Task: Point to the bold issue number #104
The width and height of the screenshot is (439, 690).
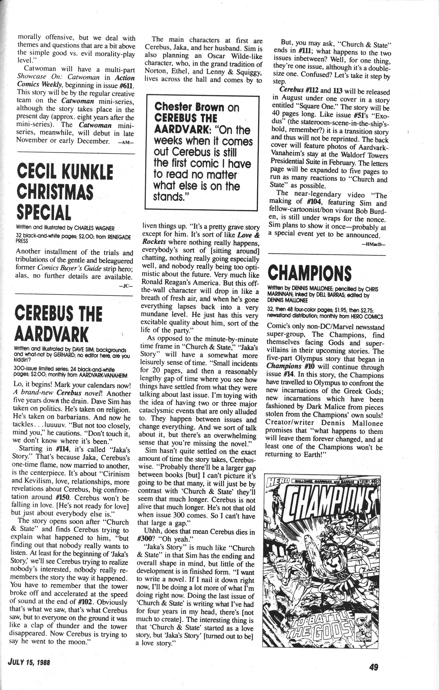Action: click(x=312, y=203)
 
